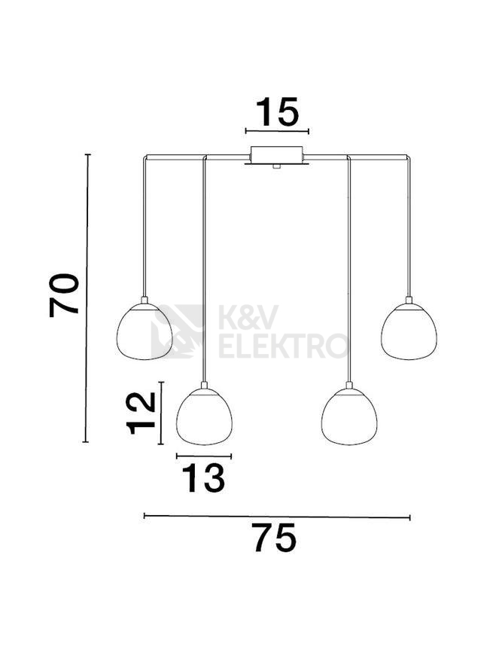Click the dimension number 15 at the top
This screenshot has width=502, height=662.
click(x=277, y=112)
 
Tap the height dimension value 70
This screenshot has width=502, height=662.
click(x=64, y=295)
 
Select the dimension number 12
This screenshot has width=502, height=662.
click(x=141, y=413)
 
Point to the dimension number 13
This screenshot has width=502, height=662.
click(x=203, y=478)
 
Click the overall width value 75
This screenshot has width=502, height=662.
click(x=275, y=538)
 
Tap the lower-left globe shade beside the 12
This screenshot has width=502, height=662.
click(x=204, y=416)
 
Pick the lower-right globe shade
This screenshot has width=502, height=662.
click(x=349, y=416)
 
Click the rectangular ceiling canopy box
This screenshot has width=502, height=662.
click(x=277, y=154)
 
